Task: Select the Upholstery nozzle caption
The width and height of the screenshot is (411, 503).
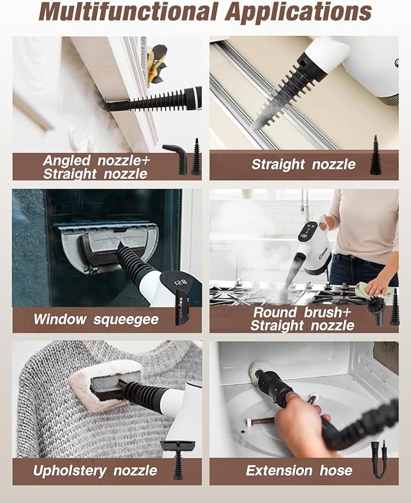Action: point(96,470)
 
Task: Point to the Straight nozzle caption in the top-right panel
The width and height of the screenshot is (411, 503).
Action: point(303,164)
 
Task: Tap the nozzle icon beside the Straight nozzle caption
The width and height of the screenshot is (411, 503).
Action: point(375,155)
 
